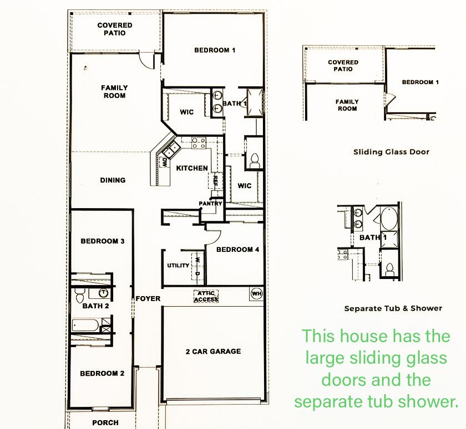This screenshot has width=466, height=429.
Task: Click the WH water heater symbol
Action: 256,293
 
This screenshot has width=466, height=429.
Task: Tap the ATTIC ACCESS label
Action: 206,296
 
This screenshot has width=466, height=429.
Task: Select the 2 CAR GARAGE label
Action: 213,351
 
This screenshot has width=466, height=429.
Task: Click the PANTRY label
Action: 211,204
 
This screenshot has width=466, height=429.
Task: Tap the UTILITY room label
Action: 178,266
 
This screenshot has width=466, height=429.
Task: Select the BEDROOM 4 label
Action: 237,250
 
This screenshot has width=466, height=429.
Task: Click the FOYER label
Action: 148,299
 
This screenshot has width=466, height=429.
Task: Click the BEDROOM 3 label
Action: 102,241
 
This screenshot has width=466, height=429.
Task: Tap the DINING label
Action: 113,180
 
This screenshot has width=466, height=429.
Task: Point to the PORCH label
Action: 105,422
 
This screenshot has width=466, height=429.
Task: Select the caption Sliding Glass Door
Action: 391,152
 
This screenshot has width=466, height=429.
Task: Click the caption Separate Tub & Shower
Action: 393,308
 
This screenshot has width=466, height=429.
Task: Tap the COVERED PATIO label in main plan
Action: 115,29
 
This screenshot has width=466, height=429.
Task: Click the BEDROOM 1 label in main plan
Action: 215,50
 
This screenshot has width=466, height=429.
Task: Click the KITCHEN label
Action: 192,168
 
